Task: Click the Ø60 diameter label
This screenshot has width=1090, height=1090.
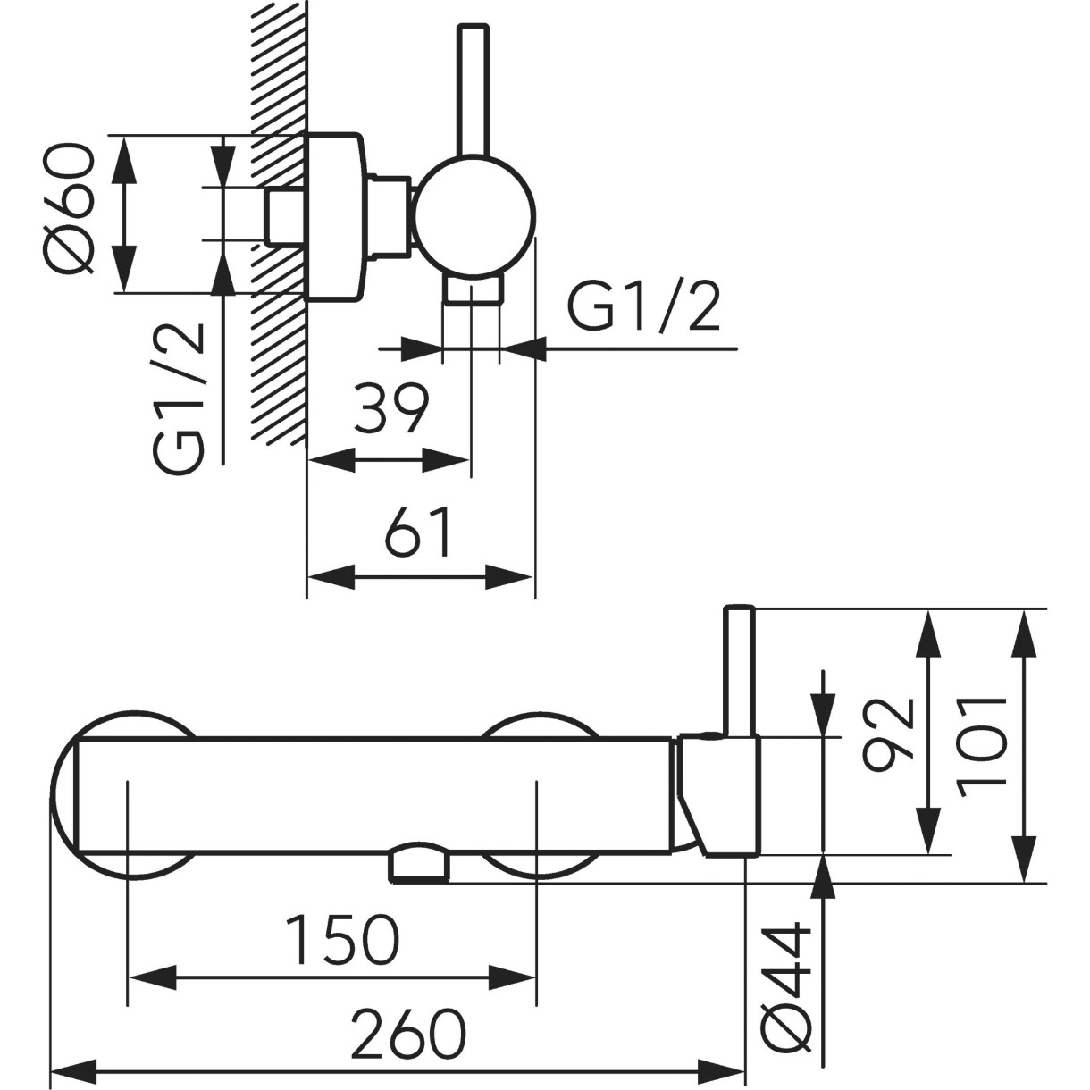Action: [67, 208]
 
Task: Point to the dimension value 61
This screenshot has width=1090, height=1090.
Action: [418, 531]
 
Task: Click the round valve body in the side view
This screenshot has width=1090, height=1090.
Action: [474, 219]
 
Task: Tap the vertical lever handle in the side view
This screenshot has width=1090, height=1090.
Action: [473, 90]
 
